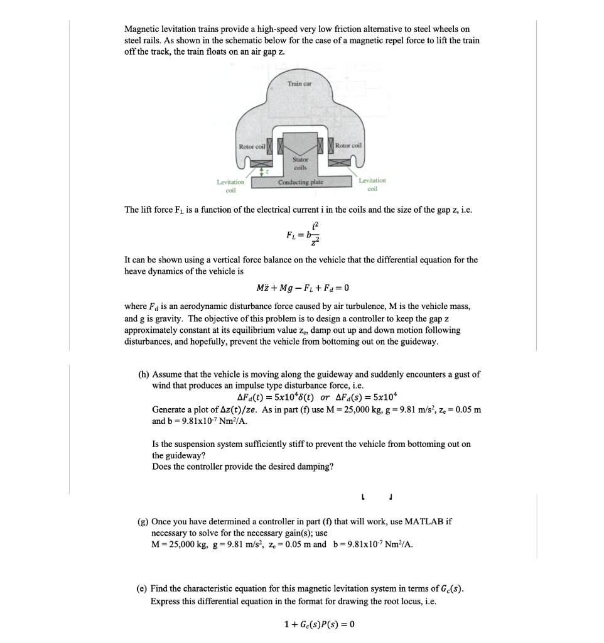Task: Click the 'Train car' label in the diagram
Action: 300,84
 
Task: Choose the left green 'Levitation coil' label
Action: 230,184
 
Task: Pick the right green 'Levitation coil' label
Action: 372,183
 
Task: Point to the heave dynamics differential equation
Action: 302,288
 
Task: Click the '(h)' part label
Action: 144,374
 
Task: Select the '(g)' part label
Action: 144,522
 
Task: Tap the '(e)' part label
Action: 143,589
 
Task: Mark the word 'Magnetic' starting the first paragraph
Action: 142,30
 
